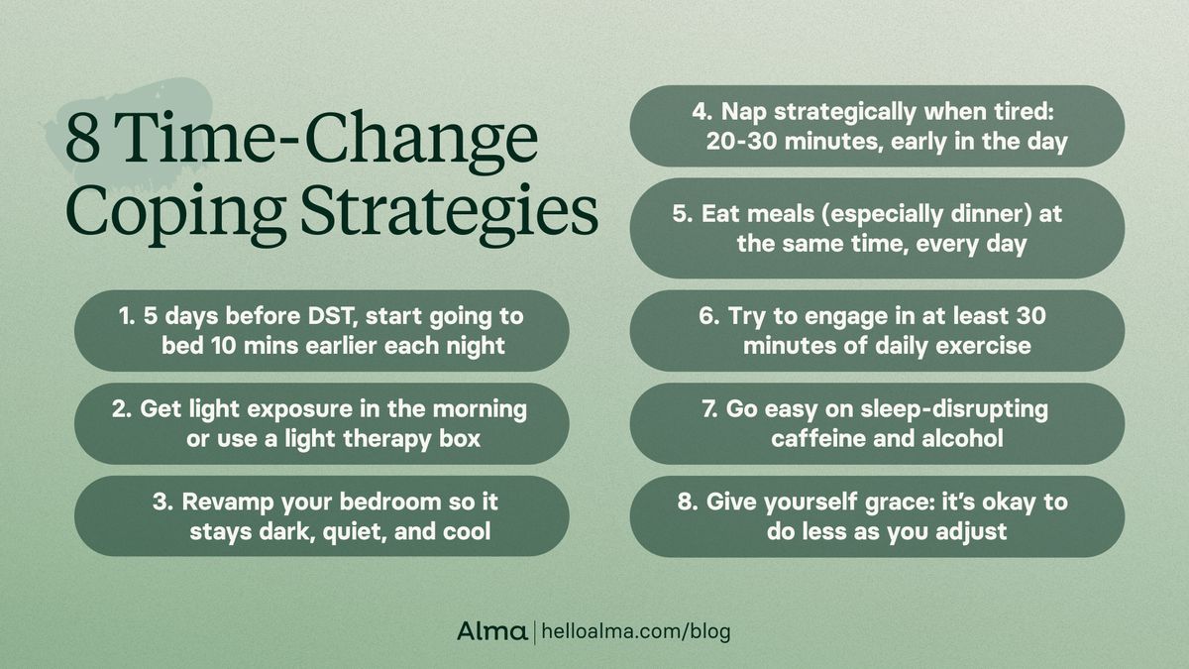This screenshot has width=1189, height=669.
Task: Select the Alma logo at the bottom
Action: (x=491, y=631)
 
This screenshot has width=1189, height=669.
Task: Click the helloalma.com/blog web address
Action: (x=634, y=631)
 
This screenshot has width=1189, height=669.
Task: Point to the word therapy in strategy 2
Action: (x=376, y=437)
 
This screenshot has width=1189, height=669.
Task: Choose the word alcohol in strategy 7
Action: (x=958, y=437)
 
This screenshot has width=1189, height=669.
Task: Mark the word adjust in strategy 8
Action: (x=972, y=531)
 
